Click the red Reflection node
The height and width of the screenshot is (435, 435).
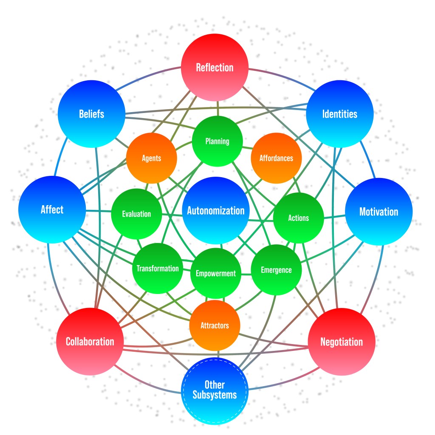tap(215, 67)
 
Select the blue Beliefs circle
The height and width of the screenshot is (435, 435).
tap(91, 114)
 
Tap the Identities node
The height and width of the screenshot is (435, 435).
tap(340, 114)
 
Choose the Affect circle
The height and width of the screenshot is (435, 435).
tap(52, 209)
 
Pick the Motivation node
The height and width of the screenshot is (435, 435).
tap(379, 212)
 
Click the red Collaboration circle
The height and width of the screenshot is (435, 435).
tap(90, 342)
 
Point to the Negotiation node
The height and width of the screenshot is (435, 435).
tap(342, 342)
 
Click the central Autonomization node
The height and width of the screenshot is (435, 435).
tap(216, 211)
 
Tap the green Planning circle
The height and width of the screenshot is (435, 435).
tap(217, 141)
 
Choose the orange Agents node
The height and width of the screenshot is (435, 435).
tap(152, 158)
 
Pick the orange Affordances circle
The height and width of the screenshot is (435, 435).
tap(276, 158)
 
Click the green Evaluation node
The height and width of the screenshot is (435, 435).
tap(136, 214)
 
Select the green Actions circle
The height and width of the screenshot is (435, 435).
tap(298, 218)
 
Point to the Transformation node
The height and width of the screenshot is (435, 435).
tap(158, 268)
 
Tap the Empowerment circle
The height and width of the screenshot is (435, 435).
tap(216, 274)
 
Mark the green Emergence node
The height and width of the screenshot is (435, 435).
tap(276, 270)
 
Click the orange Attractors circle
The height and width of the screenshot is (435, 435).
tap(215, 325)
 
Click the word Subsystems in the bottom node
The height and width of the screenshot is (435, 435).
tap(215, 395)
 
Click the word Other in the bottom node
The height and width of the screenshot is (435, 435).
tap(215, 385)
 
